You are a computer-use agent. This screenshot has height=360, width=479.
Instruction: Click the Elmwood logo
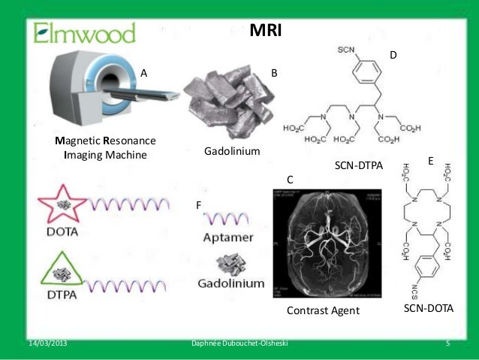pos(84,32)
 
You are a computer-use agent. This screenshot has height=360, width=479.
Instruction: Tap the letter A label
pos(144,74)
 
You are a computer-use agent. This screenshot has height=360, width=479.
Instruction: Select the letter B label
pos(274,74)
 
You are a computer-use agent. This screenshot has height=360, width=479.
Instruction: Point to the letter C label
pos(290,180)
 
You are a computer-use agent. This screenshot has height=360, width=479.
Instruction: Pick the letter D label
pos(392,56)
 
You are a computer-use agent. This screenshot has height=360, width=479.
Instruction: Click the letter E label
pos(431,161)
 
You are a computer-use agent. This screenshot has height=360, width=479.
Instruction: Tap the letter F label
pos(198,204)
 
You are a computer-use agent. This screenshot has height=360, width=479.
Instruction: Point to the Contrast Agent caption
pos(324,310)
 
